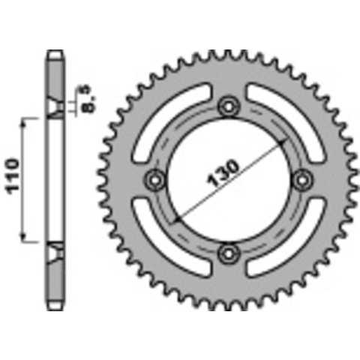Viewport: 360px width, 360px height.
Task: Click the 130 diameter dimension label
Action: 223,173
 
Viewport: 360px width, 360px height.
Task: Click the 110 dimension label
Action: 13,176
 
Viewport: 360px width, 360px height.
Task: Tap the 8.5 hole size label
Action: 88,99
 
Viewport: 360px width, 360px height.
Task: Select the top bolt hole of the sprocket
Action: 229,106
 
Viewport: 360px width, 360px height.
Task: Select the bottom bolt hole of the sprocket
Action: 229,253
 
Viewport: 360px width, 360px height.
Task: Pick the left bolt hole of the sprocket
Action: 155,180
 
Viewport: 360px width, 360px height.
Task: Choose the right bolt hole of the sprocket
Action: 302,180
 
